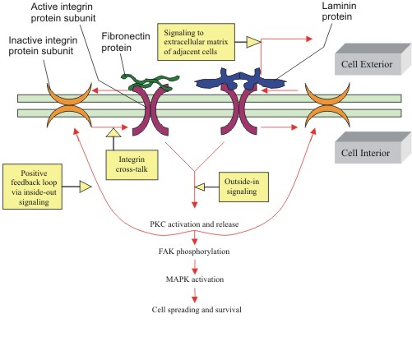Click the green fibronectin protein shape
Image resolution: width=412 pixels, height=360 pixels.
pyautogui.click(x=150, y=82)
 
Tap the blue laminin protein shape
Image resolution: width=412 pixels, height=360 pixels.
pyautogui.click(x=240, y=81)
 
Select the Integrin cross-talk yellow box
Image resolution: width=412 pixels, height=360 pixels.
pyautogui.click(x=132, y=165)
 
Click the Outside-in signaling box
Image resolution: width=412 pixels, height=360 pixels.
pyautogui.click(x=243, y=187)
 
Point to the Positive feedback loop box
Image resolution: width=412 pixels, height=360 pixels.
pyautogui.click(x=32, y=187)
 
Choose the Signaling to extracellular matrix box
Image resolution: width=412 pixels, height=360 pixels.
pyautogui.click(x=196, y=42)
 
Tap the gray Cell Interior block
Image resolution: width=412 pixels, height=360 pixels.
pyautogui.click(x=373, y=148)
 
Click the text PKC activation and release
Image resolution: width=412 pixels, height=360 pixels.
pyautogui.click(x=194, y=224)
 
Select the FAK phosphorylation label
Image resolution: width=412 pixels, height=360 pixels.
pyautogui.click(x=194, y=252)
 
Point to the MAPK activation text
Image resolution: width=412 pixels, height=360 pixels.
pyautogui.click(x=195, y=279)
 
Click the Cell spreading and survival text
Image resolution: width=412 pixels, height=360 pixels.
pyautogui.click(x=197, y=310)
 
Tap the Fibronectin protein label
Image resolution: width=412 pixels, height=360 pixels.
pyautogui.click(x=126, y=42)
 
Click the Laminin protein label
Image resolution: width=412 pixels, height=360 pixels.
pyautogui.click(x=339, y=11)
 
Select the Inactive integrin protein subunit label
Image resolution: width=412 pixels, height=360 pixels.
pyautogui.click(x=43, y=45)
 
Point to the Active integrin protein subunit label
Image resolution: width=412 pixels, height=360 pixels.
pyautogui.click(x=63, y=12)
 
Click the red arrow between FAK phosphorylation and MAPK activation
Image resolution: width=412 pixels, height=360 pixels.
pyautogui.click(x=195, y=266)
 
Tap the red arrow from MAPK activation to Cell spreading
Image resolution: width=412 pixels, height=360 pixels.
pyautogui.click(x=195, y=295)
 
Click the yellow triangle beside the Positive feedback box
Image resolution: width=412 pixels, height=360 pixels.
pyautogui.click(x=86, y=187)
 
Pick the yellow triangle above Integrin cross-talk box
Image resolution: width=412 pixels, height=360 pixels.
pyautogui.click(x=113, y=132)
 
